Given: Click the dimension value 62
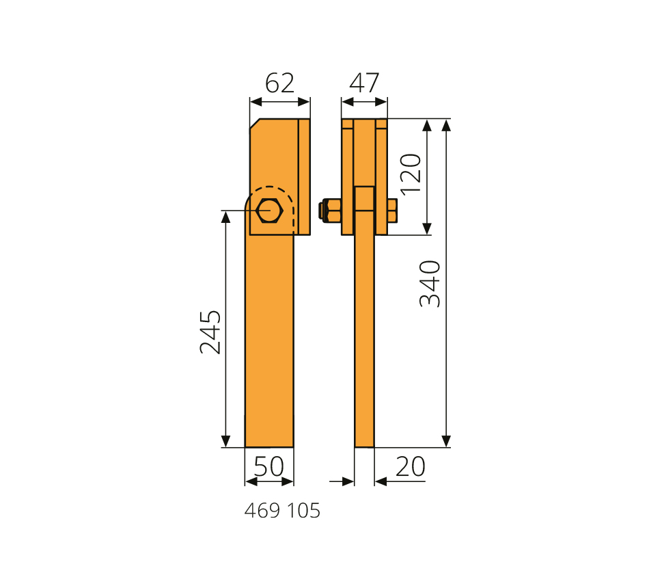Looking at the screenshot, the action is pyautogui.click(x=280, y=83).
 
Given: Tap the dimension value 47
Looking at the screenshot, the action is pyautogui.click(x=364, y=83).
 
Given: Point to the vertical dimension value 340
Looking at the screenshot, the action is pyautogui.click(x=430, y=284).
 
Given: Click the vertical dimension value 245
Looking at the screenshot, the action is pyautogui.click(x=210, y=332).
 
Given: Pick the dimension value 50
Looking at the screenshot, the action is pyautogui.click(x=269, y=466).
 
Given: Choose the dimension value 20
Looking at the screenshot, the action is pyautogui.click(x=411, y=466).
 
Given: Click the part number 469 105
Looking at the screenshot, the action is pyautogui.click(x=282, y=511).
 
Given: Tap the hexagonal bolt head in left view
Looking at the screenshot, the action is pyautogui.click(x=269, y=211).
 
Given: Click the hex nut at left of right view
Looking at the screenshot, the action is pyautogui.click(x=330, y=211).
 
